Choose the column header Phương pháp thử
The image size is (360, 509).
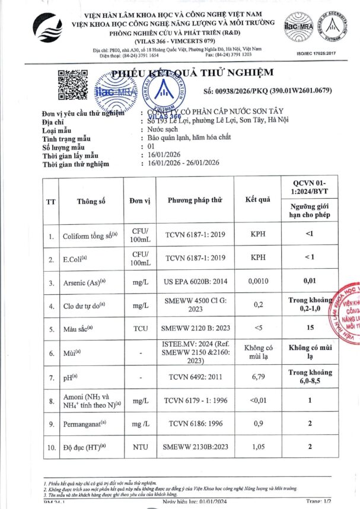pos(195,201)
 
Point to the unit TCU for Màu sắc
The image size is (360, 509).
pos(140,327)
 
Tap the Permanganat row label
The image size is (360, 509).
pos(85,424)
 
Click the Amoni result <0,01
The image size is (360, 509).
pos(257,400)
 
